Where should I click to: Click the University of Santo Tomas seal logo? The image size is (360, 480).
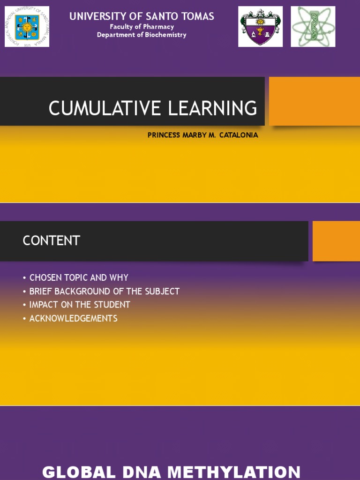pyautogui.click(x=27, y=27)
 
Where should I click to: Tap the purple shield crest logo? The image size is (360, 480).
pyautogui.click(x=260, y=27)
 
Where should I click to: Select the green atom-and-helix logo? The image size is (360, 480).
pyautogui.click(x=313, y=27)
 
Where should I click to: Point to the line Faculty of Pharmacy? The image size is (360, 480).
pyautogui.click(x=142, y=27)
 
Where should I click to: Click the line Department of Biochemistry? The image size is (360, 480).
pyautogui.click(x=142, y=35)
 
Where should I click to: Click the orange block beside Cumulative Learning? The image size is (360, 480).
pyautogui.click(x=314, y=101)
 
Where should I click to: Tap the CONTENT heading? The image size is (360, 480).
pyautogui.click(x=52, y=241)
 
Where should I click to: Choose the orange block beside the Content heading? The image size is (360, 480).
pyautogui.click(x=336, y=241)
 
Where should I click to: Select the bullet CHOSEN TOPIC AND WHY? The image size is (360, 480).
pyautogui.click(x=78, y=277)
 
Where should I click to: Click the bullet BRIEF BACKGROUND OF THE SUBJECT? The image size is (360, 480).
pyautogui.click(x=104, y=291)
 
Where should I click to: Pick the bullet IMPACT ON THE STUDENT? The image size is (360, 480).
pyautogui.click(x=79, y=305)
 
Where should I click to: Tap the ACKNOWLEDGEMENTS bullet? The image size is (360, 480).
pyautogui.click(x=73, y=318)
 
